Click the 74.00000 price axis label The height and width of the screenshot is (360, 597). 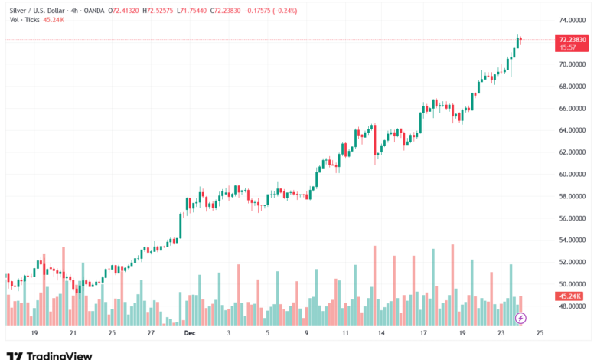coord(573,20)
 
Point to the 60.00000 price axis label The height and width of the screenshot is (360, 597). coord(573,174)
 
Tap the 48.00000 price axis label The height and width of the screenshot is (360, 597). coord(573,306)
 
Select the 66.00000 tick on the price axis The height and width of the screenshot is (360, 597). coord(573,108)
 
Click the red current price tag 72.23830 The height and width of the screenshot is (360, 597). coord(573,40)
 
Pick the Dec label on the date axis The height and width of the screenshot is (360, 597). coord(189,334)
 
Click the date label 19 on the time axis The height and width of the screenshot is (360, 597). coord(34,334)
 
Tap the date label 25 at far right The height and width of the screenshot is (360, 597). coord(540,334)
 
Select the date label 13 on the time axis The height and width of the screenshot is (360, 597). coord(381,334)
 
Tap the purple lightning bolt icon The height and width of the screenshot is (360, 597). coord(520,317)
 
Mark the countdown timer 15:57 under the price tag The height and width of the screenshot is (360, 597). coord(567,47)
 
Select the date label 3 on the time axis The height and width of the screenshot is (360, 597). coord(228,334)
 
